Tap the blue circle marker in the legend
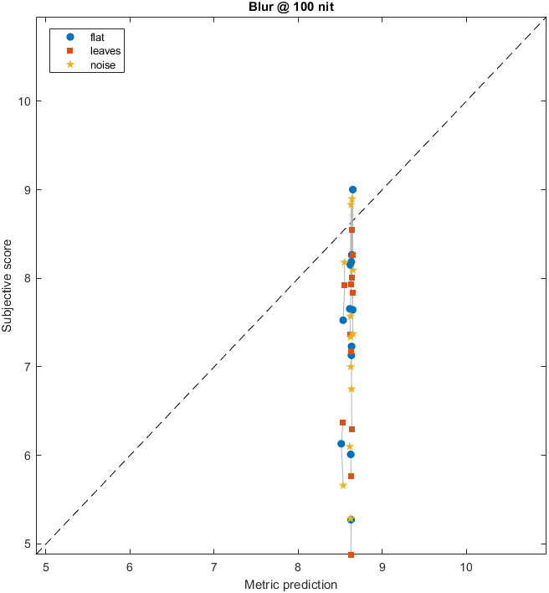click(x=70, y=37)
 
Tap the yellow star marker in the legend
click(x=70, y=65)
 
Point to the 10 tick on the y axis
click(x=28, y=101)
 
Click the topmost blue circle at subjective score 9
click(x=352, y=190)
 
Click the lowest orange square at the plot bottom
click(x=351, y=554)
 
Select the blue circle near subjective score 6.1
click(x=341, y=444)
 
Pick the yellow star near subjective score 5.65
click(x=343, y=485)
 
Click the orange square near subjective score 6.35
click(x=342, y=423)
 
